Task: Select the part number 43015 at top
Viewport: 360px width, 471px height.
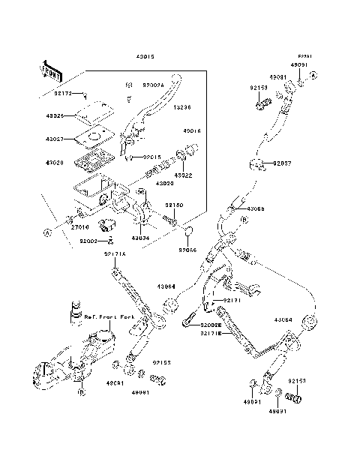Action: pyautogui.click(x=146, y=57)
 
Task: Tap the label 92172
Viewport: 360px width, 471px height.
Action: pyautogui.click(x=64, y=94)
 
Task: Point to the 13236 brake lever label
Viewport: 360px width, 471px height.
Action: pyautogui.click(x=183, y=107)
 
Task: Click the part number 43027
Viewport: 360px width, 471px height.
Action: pyautogui.click(x=55, y=139)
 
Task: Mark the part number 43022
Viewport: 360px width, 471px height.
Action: pyautogui.click(x=183, y=175)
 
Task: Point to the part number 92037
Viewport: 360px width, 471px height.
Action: pyautogui.click(x=283, y=163)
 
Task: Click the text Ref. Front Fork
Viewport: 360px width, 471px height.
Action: pyautogui.click(x=109, y=316)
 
